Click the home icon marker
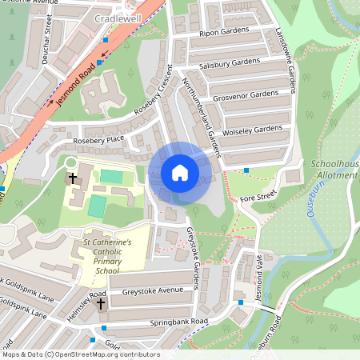(x=180, y=172)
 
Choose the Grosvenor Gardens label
(x=245, y=94)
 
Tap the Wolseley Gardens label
(x=253, y=128)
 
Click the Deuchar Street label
(x=48, y=36)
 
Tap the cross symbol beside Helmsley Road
(x=101, y=303)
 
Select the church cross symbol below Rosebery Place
(x=73, y=178)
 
